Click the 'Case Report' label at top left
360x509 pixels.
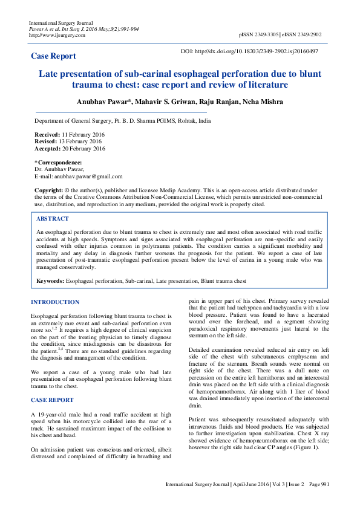(53, 56)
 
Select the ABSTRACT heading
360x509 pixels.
(53, 219)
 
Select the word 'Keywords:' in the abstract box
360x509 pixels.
(50, 281)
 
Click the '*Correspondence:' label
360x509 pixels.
(58, 162)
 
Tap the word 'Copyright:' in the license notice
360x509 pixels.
(48, 190)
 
